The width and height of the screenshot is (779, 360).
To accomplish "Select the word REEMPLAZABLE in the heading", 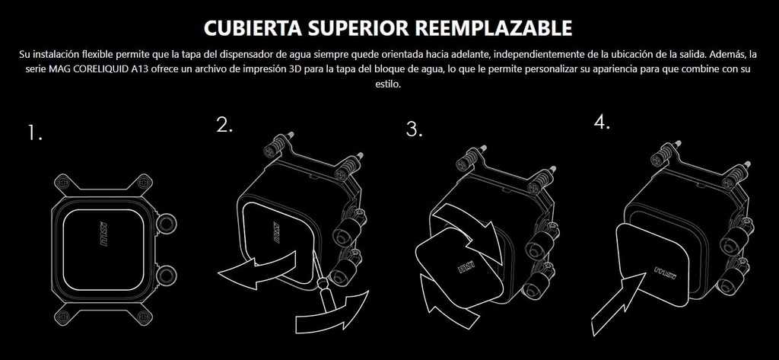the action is pyautogui.click(x=492, y=28).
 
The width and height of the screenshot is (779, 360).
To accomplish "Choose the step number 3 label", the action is pyautogui.click(x=415, y=129).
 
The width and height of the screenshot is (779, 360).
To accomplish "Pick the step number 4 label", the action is pyautogui.click(x=602, y=123).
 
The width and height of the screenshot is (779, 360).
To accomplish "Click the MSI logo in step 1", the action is pyautogui.click(x=103, y=234).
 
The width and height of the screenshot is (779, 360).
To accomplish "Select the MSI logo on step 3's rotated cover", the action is pyautogui.click(x=466, y=267).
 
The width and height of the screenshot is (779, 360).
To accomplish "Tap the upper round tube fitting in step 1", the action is pyautogui.click(x=167, y=225).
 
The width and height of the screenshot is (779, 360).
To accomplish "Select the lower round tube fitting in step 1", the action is pyautogui.click(x=167, y=275).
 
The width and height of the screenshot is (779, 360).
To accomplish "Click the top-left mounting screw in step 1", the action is pyautogui.click(x=63, y=183).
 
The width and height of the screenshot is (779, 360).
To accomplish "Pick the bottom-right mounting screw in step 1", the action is pyautogui.click(x=144, y=317).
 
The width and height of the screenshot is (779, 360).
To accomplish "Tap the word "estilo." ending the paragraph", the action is pyautogui.click(x=388, y=84).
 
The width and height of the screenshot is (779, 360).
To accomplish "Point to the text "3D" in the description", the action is pyautogui.click(x=295, y=68).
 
